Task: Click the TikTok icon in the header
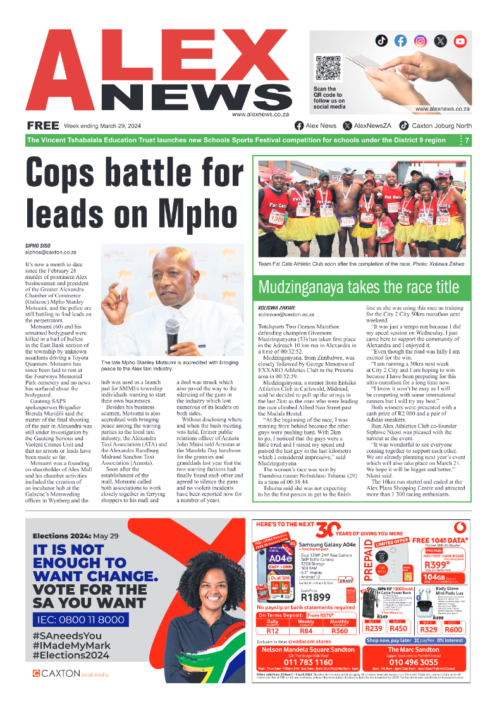pyautogui.click(x=381, y=40)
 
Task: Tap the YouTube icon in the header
pyautogui.click(x=460, y=40)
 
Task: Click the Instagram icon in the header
pyautogui.click(x=420, y=40)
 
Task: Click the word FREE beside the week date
pyautogui.click(x=43, y=125)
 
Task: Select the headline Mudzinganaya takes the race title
pyautogui.click(x=359, y=287)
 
